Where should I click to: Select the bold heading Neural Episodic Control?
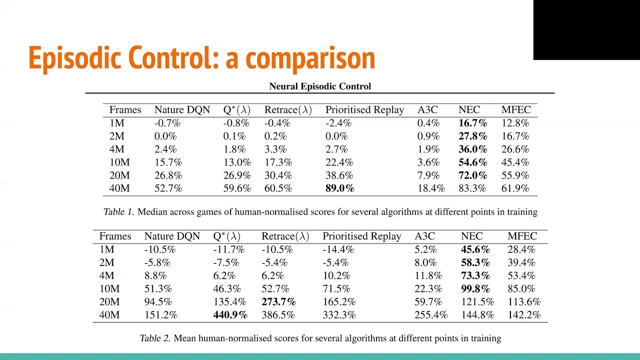[x=320, y=86]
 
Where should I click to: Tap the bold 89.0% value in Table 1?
[x=339, y=188]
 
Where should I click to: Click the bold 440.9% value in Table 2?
[x=230, y=315]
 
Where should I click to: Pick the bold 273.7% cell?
[x=278, y=302]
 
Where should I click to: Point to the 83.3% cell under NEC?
[x=472, y=188]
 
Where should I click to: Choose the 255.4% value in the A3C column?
[x=430, y=315]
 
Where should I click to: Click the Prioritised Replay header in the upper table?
[x=364, y=110]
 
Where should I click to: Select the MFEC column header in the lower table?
[x=522, y=236]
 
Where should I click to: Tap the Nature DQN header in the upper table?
[x=182, y=110]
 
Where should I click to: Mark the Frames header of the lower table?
[x=115, y=236]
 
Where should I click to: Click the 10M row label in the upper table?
[x=119, y=162]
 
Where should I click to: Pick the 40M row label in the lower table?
[x=109, y=315]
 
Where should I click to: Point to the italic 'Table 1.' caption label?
[x=118, y=212]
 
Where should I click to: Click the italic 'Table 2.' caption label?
[x=155, y=338]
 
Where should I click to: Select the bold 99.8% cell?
[x=475, y=289]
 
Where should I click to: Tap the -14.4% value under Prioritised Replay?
[x=338, y=249]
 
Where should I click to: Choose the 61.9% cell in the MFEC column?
[x=515, y=188]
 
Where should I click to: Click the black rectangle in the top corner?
[x=586, y=30]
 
